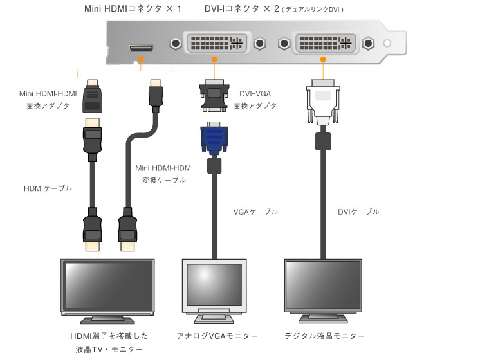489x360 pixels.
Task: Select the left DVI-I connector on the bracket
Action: [x=216, y=44]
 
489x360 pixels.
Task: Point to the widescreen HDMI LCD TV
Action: [x=107, y=287]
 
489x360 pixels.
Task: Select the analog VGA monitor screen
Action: [x=210, y=284]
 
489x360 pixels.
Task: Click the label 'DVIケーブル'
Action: [x=358, y=212]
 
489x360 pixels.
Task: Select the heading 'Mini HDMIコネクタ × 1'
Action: [x=133, y=9]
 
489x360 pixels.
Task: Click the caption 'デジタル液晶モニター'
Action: [x=324, y=336]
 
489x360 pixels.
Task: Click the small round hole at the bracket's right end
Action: [x=387, y=44]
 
